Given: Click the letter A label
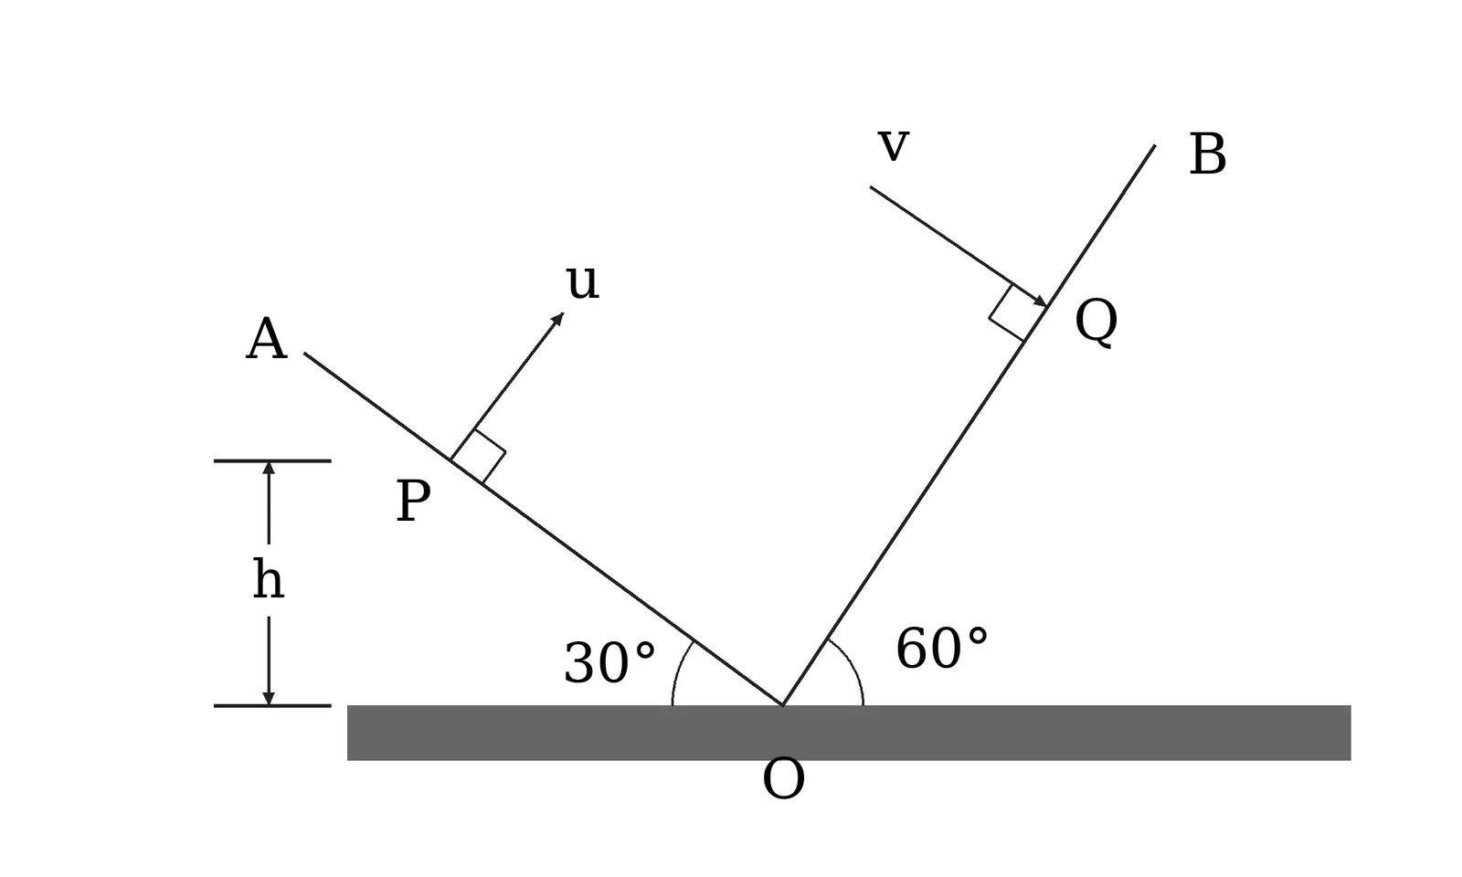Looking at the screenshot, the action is (266, 339).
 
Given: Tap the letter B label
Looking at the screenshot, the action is (1207, 154).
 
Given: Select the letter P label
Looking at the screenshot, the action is (413, 501).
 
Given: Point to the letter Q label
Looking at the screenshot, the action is (1096, 322).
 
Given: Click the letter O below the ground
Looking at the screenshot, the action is (783, 778).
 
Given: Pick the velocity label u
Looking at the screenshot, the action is (582, 282).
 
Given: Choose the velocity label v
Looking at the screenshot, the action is (894, 145).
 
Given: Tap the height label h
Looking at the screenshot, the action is (269, 579).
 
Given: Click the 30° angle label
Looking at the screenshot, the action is (609, 663).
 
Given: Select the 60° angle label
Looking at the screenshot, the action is (942, 649).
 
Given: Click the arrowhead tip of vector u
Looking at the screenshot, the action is (563, 313).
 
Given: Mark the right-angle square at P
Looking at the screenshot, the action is (479, 457).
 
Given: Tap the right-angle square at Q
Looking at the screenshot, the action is (1017, 313).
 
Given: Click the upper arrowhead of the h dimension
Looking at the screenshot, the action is (269, 468).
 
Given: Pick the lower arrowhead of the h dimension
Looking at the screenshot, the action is (269, 699).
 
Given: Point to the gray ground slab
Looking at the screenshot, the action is (849, 733).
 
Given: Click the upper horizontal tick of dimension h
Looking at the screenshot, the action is (272, 460).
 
